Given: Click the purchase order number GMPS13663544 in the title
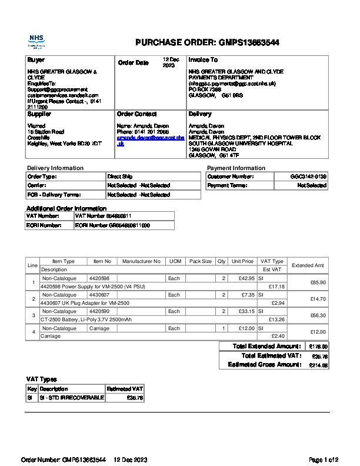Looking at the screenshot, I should pyautogui.click(x=249, y=42).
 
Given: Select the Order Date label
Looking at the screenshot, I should pyautogui.click(x=134, y=63).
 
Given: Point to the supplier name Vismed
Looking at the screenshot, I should pyautogui.click(x=36, y=126).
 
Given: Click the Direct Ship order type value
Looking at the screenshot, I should pyautogui.click(x=120, y=177).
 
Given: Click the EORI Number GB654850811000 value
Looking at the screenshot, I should pyautogui.click(x=112, y=225).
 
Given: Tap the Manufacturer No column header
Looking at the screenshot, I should pyautogui.click(x=141, y=261).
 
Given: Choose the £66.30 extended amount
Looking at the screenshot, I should pyautogui.click(x=318, y=315).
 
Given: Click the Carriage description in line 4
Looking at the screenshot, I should pyautogui.click(x=51, y=336).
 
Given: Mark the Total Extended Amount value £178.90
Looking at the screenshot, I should pyautogui.click(x=318, y=347).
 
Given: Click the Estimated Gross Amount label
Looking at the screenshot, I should pyautogui.click(x=264, y=365).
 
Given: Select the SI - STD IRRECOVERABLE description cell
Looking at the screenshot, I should pyautogui.click(x=72, y=398).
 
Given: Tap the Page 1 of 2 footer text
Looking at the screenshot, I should pyautogui.click(x=324, y=459).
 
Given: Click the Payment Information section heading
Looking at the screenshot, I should pyautogui.click(x=236, y=168).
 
